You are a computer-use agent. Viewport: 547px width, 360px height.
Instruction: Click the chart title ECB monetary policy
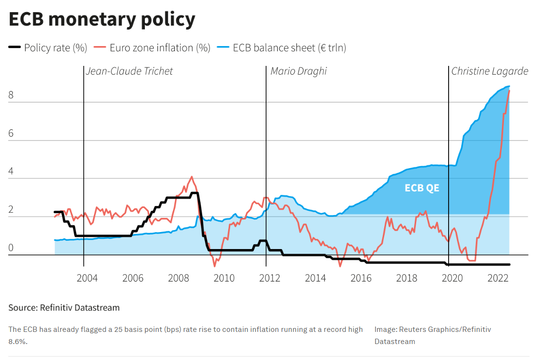[102, 19]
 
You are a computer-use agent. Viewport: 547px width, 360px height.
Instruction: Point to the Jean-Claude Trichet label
[129, 71]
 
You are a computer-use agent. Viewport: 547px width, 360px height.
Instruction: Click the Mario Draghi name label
[298, 71]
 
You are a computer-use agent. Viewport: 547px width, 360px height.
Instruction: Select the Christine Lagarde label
[489, 71]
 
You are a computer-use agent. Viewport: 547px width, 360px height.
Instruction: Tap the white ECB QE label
[422, 188]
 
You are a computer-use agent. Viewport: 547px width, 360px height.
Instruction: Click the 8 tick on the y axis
[11, 95]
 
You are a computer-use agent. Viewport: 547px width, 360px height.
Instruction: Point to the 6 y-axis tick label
[11, 134]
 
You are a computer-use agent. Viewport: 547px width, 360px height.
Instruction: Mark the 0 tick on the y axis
[11, 249]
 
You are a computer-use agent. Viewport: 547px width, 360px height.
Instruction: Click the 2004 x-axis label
[87, 278]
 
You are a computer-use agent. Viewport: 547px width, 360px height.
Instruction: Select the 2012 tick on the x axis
[269, 278]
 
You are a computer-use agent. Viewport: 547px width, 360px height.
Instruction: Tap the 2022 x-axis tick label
[498, 278]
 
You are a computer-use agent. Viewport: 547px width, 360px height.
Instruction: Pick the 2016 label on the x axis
[361, 278]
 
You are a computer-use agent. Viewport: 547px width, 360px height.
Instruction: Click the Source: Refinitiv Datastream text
[64, 308]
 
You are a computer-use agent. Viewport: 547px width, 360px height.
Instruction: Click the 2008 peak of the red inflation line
[192, 177]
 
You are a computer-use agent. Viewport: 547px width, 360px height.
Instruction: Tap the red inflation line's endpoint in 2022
[509, 91]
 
